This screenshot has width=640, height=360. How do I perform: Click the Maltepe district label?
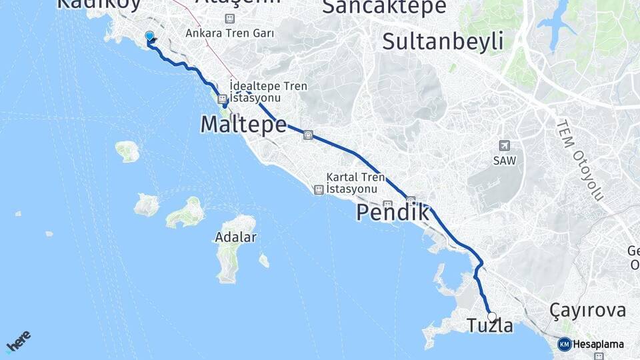click(243, 125)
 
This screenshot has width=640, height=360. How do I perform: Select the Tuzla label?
click(490, 327)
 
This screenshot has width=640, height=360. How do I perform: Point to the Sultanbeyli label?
click(443, 41)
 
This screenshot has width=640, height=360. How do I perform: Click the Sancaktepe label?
click(384, 7)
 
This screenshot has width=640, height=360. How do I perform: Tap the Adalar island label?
click(235, 237)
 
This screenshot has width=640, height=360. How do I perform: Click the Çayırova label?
click(587, 310)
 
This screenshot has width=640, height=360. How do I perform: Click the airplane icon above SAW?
click(503, 146)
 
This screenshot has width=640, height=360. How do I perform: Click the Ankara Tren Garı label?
click(230, 33)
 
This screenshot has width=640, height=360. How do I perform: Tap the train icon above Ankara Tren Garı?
click(230, 19)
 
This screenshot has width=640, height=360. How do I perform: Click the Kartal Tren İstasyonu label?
click(356, 184)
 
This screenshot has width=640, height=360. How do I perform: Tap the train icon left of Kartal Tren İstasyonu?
click(319, 190)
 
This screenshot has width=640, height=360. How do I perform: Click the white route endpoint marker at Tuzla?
click(492, 317)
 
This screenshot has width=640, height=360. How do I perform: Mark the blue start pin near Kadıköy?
click(149, 37)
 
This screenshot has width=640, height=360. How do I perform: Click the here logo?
click(18, 341)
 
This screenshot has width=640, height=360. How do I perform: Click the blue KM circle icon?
click(564, 345)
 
